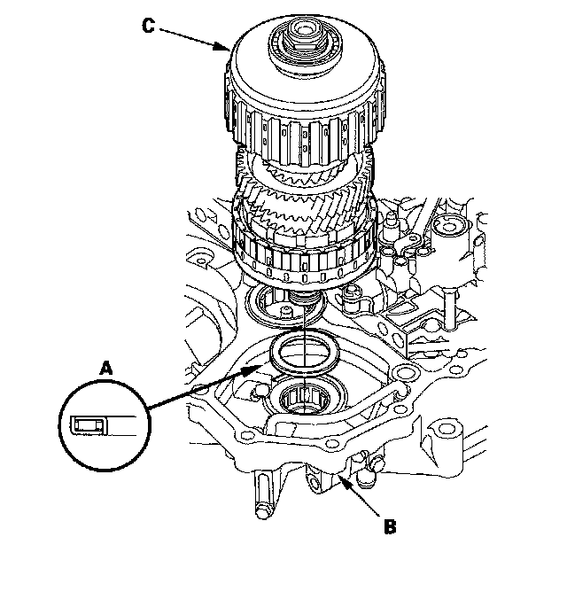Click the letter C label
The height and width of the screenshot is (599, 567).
tap(148, 26)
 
